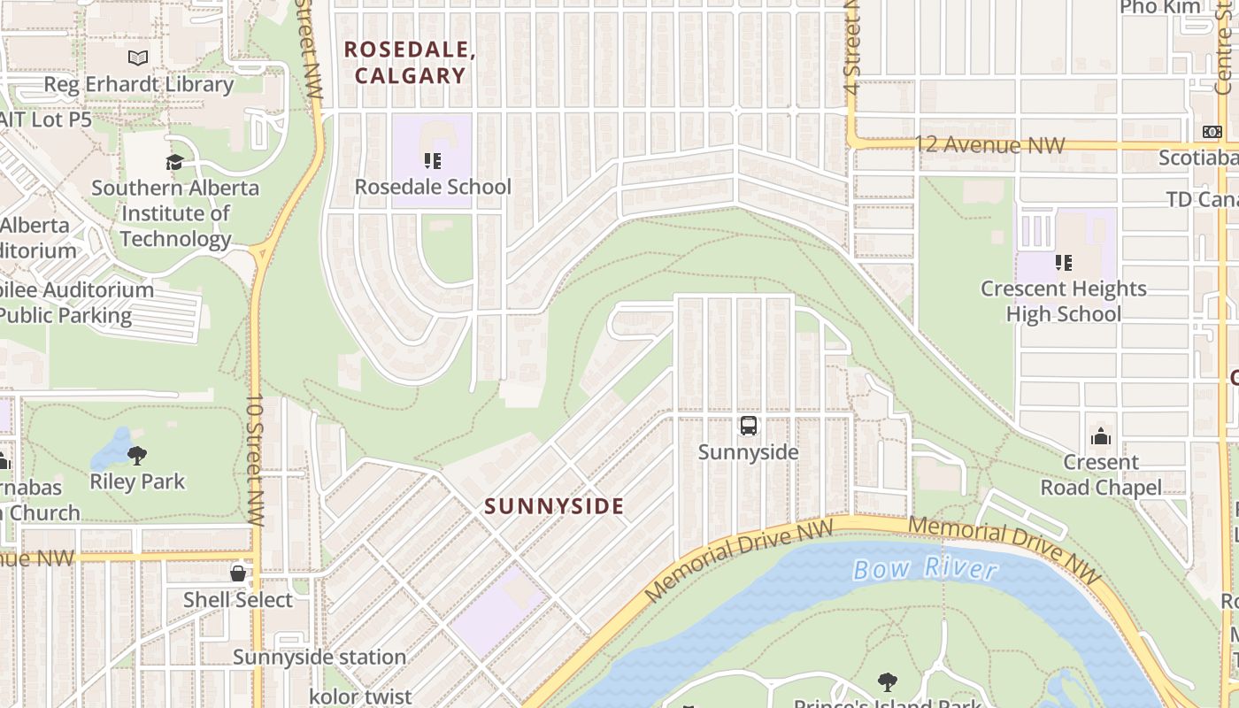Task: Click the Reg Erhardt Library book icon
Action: pos(138,58)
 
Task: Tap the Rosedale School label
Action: pos(433,187)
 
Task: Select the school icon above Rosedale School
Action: pos(433,160)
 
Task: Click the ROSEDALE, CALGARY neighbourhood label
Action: pos(410,62)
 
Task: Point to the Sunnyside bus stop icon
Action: pos(749,426)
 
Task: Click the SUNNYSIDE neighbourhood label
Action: pos(554,506)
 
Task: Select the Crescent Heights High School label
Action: pos(1063,301)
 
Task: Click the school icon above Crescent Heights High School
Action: pos(1063,262)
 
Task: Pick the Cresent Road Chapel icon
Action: pos(1101,435)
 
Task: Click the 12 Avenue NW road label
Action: pos(989,144)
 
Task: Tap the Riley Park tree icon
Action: pos(137,456)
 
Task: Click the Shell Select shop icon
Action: pos(237,573)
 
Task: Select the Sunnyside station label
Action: pos(319,657)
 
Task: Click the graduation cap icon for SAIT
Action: pos(174,162)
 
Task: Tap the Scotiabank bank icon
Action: pos(1212,132)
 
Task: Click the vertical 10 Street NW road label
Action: pos(255,460)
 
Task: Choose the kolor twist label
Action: pos(360,696)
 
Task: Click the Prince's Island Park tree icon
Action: pos(888,681)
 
